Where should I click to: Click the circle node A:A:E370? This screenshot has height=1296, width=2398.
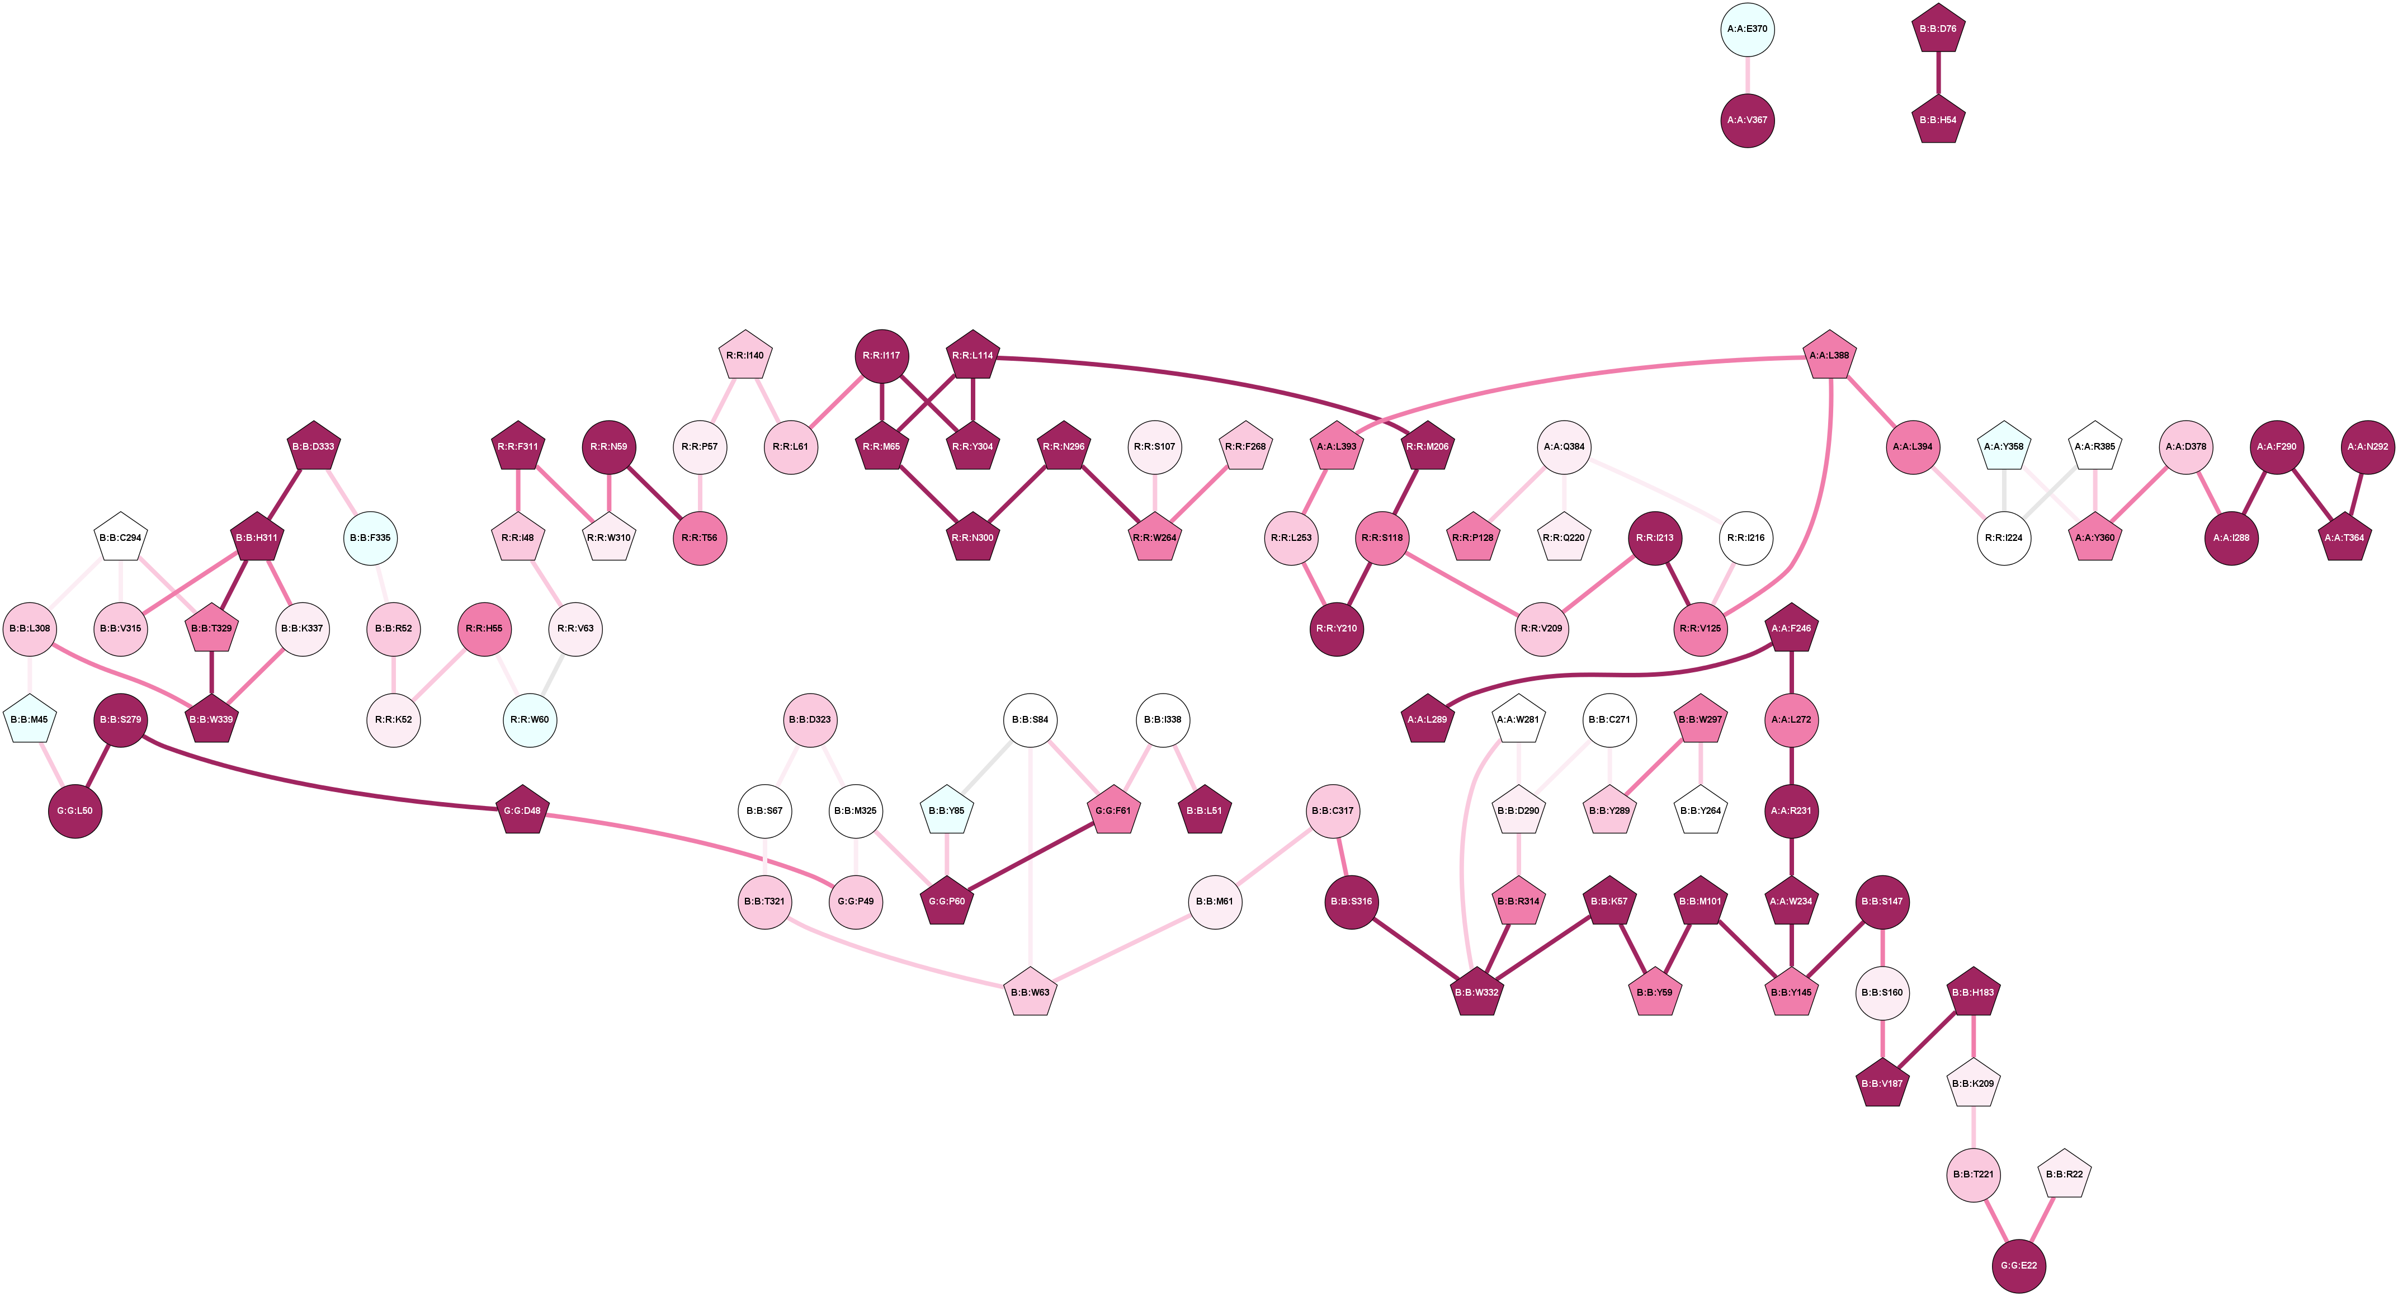(x=1747, y=29)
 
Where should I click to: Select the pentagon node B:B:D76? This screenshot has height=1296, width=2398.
(x=1938, y=29)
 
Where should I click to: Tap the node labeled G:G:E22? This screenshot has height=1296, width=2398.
(x=2019, y=1265)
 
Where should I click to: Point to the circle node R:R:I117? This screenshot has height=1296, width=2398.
(x=881, y=356)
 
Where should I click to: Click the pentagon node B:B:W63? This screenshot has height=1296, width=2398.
(x=1031, y=992)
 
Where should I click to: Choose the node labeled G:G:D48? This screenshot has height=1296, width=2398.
(x=522, y=811)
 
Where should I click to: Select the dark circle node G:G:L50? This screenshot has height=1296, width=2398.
(x=74, y=811)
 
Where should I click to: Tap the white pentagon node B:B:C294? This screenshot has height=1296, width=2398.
(x=120, y=538)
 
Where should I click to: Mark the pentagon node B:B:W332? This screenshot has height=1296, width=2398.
(x=1476, y=992)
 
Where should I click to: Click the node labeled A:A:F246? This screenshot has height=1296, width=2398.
(x=1791, y=629)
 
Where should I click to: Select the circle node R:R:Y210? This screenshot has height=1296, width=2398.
(x=1337, y=629)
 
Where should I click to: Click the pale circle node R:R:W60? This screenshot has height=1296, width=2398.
(x=530, y=720)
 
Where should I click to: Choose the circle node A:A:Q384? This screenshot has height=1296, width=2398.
(x=1564, y=447)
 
